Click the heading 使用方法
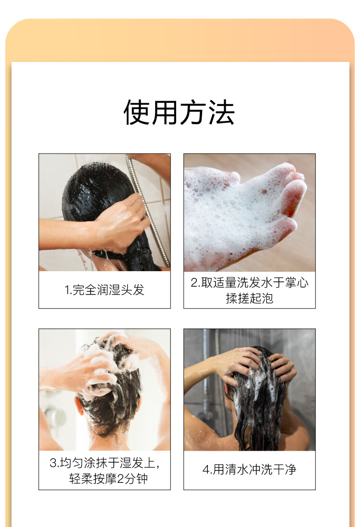tap(179, 113)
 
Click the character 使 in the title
tap(137, 113)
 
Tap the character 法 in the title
tap(221, 113)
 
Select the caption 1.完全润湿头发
tap(104, 290)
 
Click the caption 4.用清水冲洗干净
tap(249, 469)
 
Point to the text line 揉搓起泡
tap(250, 298)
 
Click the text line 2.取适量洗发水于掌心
tap(250, 283)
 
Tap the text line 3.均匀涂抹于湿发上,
tap(105, 463)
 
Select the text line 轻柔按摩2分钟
tap(108, 479)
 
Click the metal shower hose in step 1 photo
tap(148, 208)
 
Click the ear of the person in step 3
tap(80, 406)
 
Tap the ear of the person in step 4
tap(228, 392)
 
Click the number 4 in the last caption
tap(206, 469)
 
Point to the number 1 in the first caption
tap(67, 290)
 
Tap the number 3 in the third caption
tap(53, 463)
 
